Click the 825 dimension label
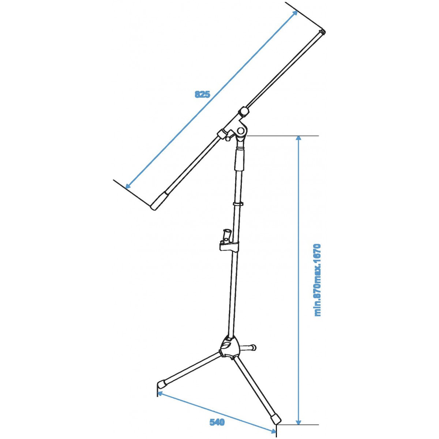click(202, 94)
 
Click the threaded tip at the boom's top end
click(322, 32)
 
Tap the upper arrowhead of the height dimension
click(299, 139)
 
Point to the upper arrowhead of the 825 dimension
click(294, 14)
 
